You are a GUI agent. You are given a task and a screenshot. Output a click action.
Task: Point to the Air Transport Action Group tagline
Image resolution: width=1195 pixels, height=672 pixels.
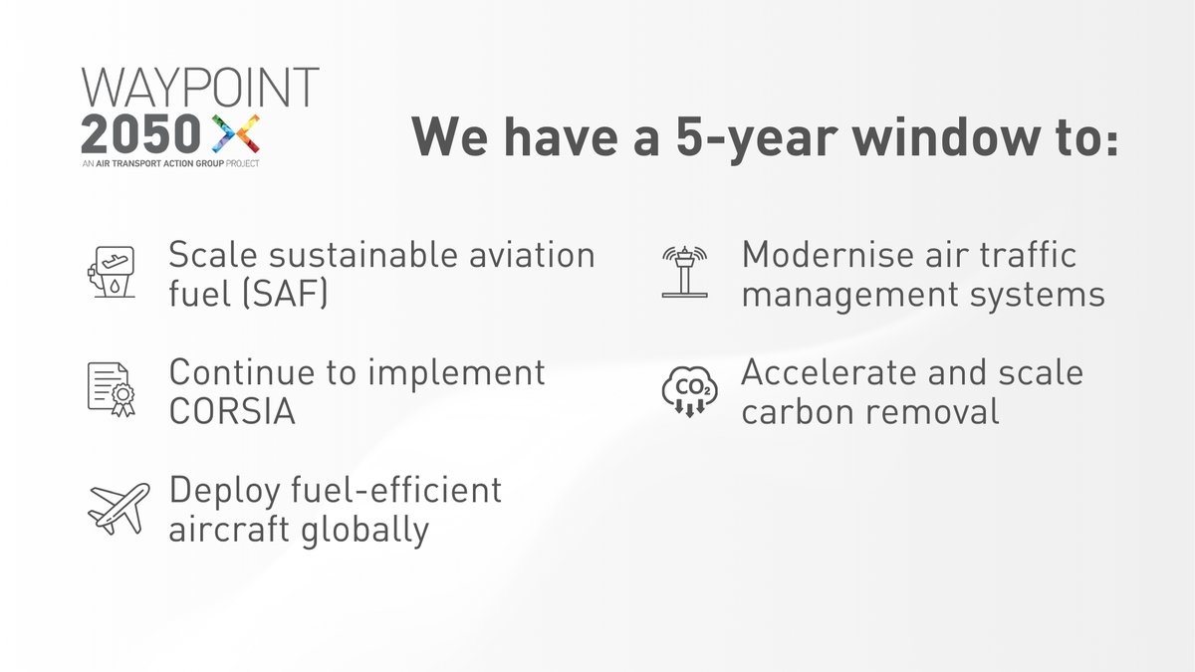click(170, 162)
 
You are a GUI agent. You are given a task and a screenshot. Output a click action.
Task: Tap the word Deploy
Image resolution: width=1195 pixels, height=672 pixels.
click(221, 492)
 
